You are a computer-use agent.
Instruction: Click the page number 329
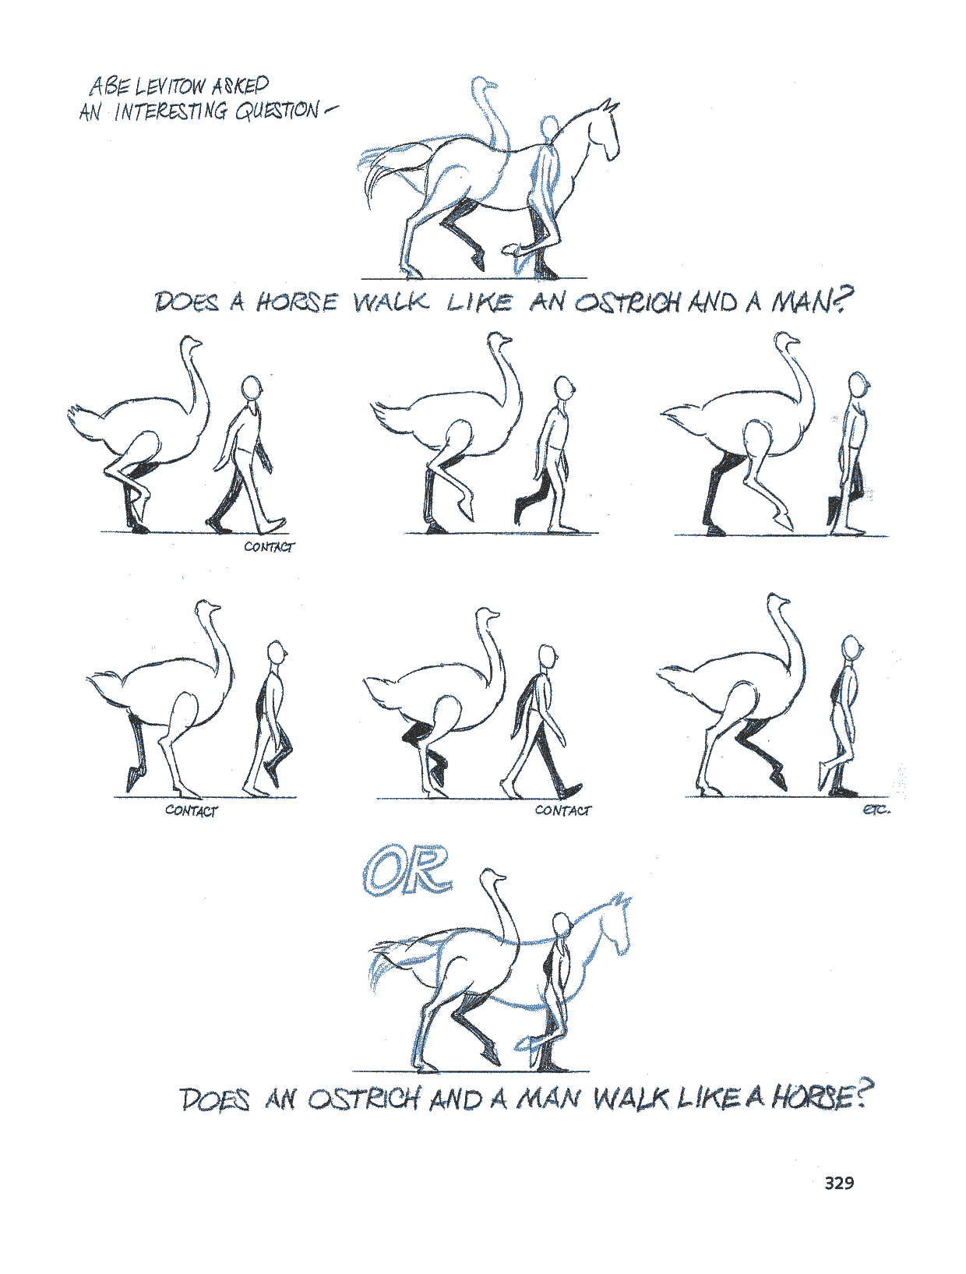tap(839, 1182)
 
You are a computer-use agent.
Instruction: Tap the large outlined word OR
tap(407, 870)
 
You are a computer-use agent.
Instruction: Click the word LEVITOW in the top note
tap(169, 86)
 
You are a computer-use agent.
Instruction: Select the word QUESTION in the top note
tap(277, 111)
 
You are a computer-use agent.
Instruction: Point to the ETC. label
tap(876, 810)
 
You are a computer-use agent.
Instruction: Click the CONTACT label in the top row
tap(270, 547)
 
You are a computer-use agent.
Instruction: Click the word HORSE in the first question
tap(297, 302)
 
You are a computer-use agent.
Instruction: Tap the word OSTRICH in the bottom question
tap(363, 1099)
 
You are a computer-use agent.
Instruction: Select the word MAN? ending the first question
tap(813, 301)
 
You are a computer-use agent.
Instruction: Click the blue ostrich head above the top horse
tap(483, 85)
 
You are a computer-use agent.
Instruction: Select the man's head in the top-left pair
tap(252, 387)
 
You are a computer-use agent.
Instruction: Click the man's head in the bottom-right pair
tap(851, 647)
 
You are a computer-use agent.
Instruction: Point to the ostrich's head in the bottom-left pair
tap(207, 609)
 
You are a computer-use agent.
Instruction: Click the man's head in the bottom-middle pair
tap(547, 656)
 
